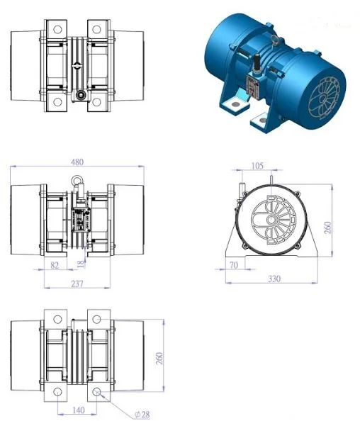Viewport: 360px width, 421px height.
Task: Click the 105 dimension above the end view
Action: click(x=257, y=166)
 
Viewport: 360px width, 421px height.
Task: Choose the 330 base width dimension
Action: click(x=275, y=279)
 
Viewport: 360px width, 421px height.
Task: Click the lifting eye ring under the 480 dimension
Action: click(x=77, y=180)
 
